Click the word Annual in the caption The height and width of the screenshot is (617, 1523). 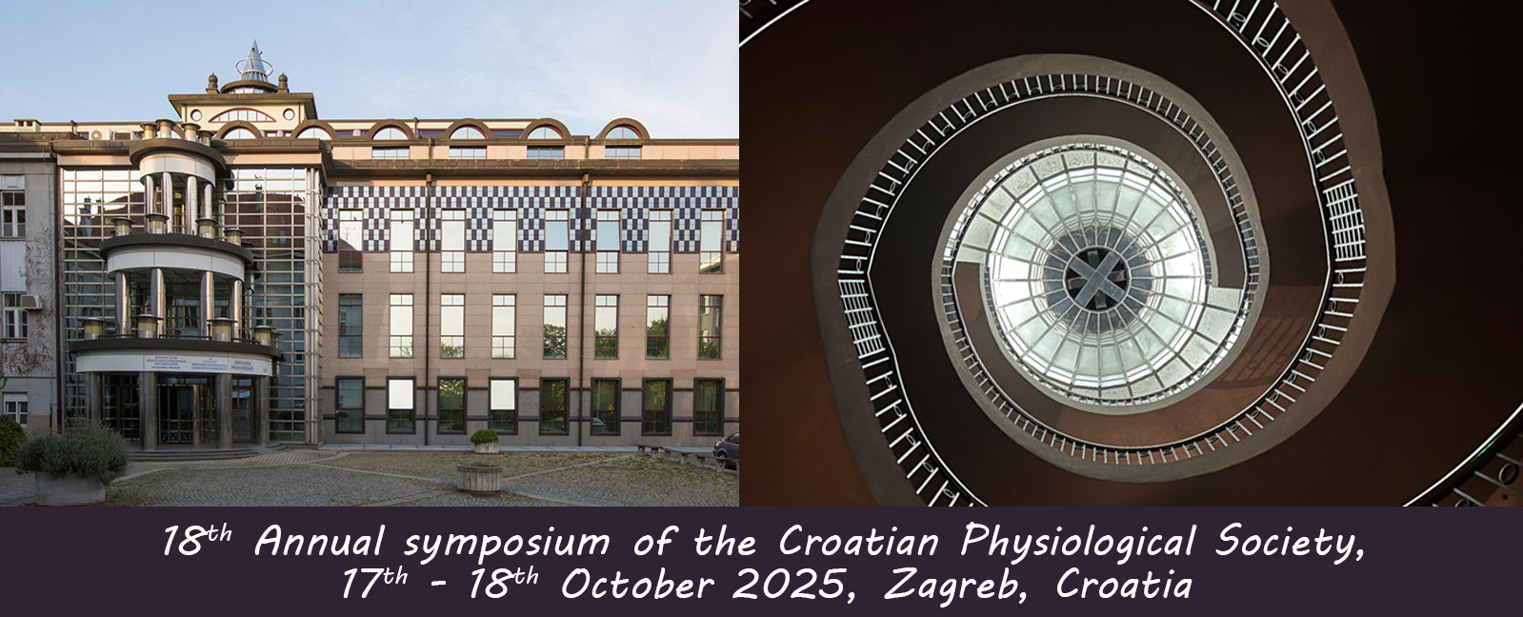[x=321, y=542]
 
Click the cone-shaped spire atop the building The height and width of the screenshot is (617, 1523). [x=254, y=60]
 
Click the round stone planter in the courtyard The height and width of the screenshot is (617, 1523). [x=479, y=477]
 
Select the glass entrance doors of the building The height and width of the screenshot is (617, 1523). [x=177, y=411]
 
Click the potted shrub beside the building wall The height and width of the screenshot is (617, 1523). [x=485, y=441]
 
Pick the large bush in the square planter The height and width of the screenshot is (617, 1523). [x=71, y=452]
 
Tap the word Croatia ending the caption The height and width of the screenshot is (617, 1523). [x=1123, y=586]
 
